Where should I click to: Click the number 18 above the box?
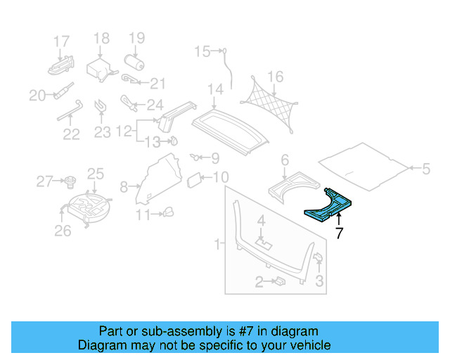102,38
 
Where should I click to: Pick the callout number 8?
124,187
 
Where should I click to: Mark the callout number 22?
71,133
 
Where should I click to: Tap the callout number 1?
218,244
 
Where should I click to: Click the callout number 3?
320,282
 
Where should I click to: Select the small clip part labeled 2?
278,281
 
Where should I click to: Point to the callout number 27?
44,182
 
